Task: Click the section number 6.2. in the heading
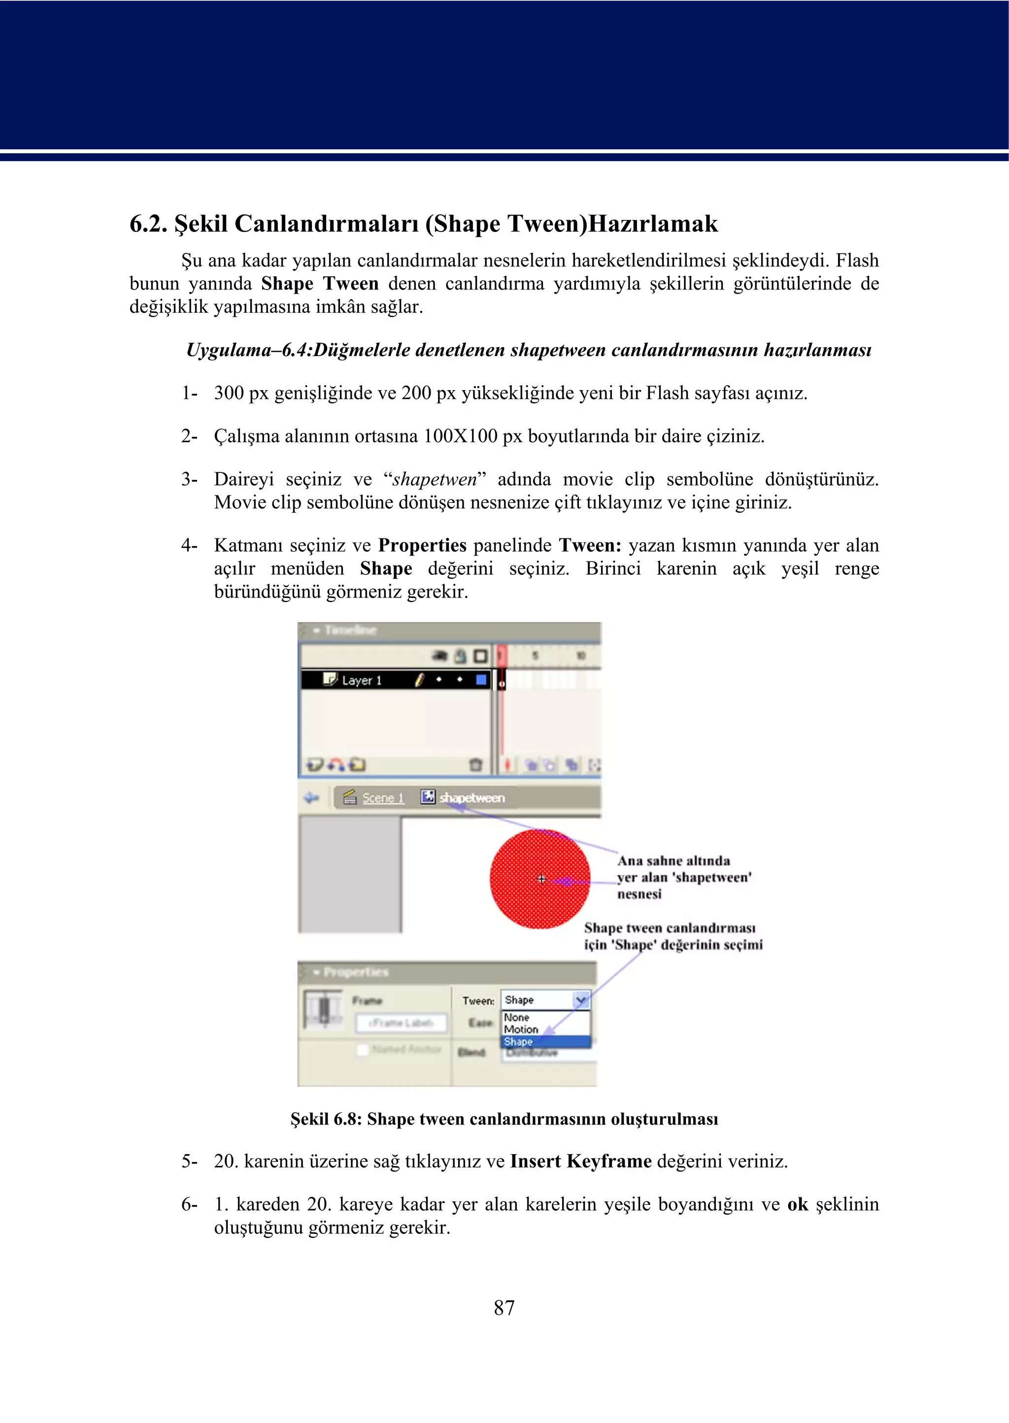pos(148,224)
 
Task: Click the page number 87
pos(504,1307)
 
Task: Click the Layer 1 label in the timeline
pos(362,680)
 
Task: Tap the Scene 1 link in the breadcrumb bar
pos(383,797)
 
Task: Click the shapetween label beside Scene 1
pos(471,797)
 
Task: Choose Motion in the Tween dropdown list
pos(521,1029)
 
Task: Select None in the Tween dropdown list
pos(516,1018)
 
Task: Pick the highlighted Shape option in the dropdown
pos(518,1042)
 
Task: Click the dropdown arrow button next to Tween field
pos(581,1000)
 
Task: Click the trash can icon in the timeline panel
pos(476,764)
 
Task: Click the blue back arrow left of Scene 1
pos(311,797)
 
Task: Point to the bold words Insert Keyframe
pos(580,1161)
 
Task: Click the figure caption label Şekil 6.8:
pos(326,1119)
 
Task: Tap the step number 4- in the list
pos(189,545)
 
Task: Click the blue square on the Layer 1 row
pos(481,680)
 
